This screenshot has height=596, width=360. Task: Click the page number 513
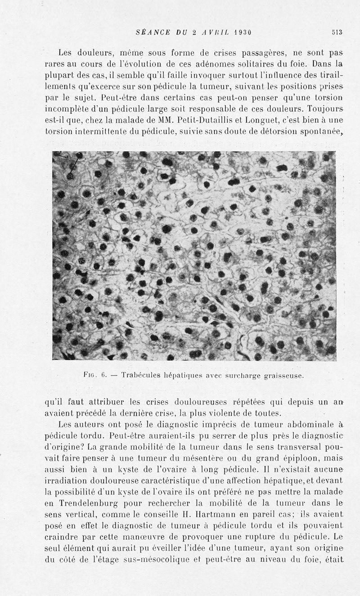337,32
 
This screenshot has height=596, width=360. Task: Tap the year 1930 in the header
239,32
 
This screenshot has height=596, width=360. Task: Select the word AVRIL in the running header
212,32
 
